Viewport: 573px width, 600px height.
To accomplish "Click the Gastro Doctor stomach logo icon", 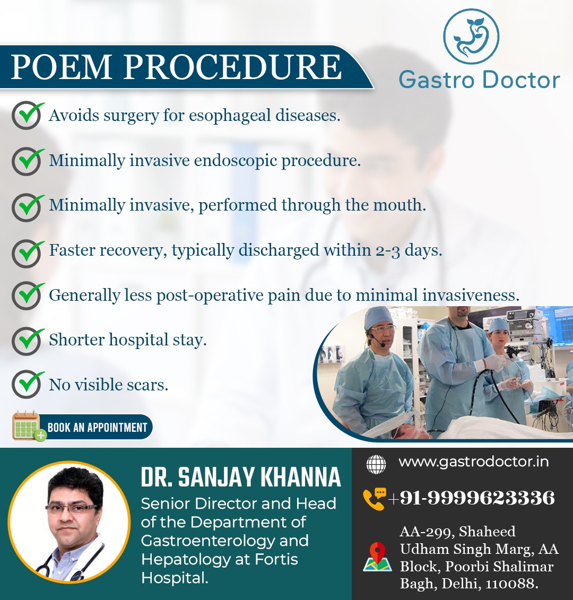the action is (471, 37).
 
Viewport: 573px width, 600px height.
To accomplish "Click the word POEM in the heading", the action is (61, 67).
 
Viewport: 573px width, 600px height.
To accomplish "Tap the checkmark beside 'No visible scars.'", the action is (28, 384).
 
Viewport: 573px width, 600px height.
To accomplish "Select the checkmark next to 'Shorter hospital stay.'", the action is (28, 340).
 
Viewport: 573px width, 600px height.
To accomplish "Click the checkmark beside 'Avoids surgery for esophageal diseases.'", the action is (28, 115).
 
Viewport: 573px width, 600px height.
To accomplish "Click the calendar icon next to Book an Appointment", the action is (28, 427).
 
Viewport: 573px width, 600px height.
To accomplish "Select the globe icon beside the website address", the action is (376, 464).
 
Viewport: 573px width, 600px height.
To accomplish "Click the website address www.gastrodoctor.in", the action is (473, 462).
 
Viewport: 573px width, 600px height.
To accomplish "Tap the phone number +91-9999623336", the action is (471, 498).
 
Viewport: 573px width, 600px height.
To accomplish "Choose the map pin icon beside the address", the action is (377, 556).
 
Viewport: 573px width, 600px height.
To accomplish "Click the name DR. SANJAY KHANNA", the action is (241, 477).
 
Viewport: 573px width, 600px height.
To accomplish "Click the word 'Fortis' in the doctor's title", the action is (276, 560).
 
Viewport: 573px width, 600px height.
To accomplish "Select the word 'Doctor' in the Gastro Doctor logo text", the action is (520, 80).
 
